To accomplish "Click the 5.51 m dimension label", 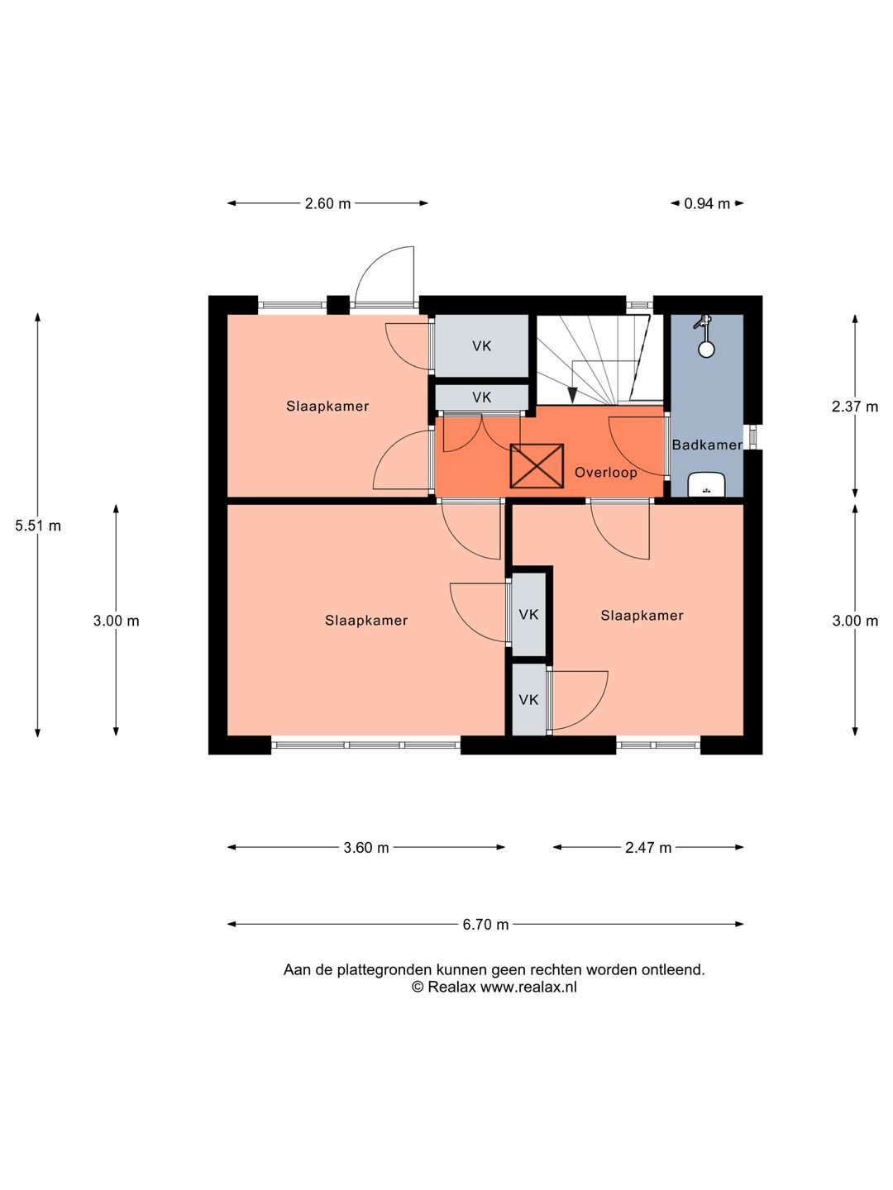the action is [x=38, y=526].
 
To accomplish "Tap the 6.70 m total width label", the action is [x=485, y=924].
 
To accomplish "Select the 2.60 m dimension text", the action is [x=327, y=203].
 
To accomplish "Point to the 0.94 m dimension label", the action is [x=706, y=203].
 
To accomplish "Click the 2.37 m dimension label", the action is [x=854, y=406].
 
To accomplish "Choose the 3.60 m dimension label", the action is [x=366, y=847].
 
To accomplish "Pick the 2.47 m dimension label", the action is [x=648, y=847].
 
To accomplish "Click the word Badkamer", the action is [x=707, y=445].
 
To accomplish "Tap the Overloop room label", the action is [x=605, y=472].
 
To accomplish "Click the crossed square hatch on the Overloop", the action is [x=537, y=466].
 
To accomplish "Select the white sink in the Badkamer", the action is [x=706, y=484].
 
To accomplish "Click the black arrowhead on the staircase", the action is [x=572, y=395].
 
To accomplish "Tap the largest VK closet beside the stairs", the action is [x=482, y=345].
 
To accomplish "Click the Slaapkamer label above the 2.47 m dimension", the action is [x=642, y=616].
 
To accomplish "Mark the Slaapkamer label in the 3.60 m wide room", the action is [x=366, y=621].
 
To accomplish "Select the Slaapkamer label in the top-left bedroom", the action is [x=327, y=406].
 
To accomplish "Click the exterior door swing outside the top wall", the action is [x=384, y=277].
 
